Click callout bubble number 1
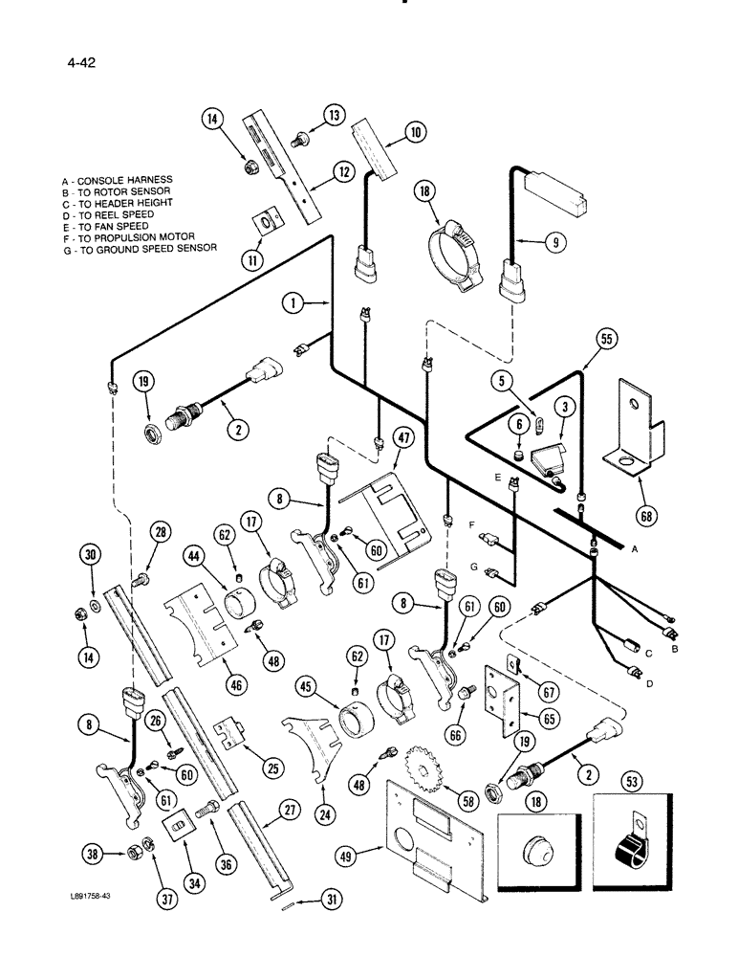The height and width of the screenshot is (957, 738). [296, 303]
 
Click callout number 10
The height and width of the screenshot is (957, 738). [415, 133]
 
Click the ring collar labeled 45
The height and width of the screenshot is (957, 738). [359, 715]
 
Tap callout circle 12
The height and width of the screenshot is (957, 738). [341, 172]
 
